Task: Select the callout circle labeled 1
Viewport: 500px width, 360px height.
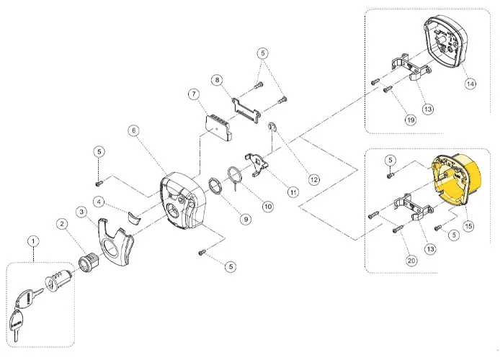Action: click(31, 240)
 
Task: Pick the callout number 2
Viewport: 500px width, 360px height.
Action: click(63, 225)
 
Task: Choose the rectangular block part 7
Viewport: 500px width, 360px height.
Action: click(215, 125)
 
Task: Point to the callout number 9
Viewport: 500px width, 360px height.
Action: click(246, 219)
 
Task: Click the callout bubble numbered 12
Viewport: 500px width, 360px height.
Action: click(313, 179)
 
